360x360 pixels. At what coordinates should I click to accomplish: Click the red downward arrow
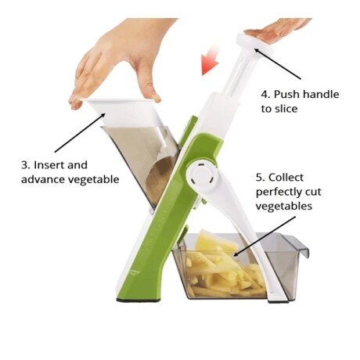210,60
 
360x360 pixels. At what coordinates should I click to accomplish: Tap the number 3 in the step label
24,165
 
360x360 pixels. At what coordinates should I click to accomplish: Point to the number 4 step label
265,94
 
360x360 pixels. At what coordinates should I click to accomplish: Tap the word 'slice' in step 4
286,109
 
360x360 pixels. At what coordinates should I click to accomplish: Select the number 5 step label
261,178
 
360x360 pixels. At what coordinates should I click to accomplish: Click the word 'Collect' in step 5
286,178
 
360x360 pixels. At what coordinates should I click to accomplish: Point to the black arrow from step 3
80,132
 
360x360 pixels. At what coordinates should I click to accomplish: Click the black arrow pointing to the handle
278,63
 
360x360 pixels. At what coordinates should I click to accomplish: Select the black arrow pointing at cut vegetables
265,236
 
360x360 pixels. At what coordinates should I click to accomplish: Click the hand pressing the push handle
277,30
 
